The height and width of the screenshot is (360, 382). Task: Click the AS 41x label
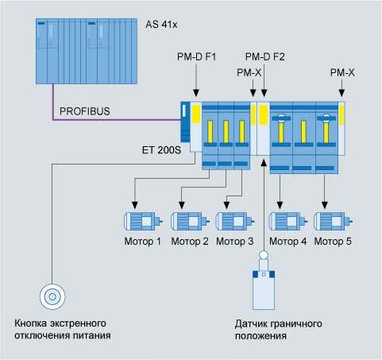click(161, 25)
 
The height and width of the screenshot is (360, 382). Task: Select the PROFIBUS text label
click(85, 111)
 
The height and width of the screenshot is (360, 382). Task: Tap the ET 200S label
click(161, 150)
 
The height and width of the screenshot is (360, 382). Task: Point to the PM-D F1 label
click(196, 56)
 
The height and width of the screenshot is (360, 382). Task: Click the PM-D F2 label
click(265, 56)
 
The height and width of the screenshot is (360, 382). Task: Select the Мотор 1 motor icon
click(143, 221)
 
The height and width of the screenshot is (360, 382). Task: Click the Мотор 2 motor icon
click(190, 221)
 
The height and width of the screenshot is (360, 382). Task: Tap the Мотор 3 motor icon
click(235, 221)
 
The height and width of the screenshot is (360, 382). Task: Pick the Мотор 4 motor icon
click(288, 221)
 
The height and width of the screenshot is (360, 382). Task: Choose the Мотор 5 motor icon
click(333, 221)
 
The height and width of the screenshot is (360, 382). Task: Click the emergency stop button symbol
click(52, 296)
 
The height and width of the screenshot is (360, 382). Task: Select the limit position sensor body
click(264, 290)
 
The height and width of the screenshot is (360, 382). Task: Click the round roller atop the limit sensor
click(264, 255)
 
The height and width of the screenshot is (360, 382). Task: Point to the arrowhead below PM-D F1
click(196, 93)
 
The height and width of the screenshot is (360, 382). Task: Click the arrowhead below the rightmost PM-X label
click(341, 93)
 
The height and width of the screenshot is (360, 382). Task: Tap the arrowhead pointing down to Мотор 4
click(280, 205)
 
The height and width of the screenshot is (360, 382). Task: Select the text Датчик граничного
click(278, 323)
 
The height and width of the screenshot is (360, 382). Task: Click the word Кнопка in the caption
click(30, 323)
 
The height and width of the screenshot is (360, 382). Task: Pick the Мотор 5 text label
click(333, 242)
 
